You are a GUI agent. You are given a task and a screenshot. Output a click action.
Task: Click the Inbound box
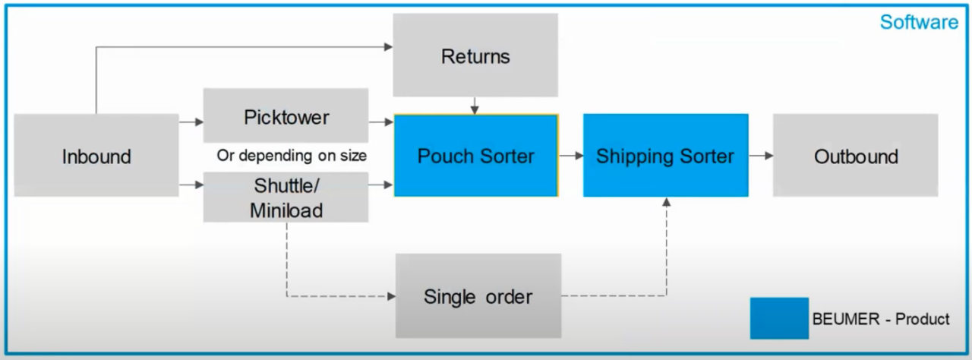(96, 156)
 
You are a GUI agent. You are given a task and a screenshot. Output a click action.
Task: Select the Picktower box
(286, 116)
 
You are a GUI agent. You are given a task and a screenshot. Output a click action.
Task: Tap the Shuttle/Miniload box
(286, 197)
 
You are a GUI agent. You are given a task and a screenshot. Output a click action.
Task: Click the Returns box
(475, 55)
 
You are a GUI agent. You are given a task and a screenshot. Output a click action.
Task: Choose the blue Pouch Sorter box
(475, 156)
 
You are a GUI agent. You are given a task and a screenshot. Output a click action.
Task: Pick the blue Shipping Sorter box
(665, 156)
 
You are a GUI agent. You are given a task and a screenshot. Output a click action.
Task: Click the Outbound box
(856, 156)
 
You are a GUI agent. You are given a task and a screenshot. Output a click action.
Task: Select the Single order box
(478, 295)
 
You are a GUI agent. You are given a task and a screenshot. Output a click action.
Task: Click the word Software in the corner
(919, 22)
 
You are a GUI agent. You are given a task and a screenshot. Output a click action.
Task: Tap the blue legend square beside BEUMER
(779, 317)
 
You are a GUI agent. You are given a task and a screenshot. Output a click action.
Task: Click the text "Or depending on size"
(292, 156)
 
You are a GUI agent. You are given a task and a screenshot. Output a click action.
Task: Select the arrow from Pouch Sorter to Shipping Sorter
(571, 156)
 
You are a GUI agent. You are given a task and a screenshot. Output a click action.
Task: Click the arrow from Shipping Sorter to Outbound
(761, 156)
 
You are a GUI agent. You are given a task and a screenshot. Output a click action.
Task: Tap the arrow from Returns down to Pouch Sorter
(475, 106)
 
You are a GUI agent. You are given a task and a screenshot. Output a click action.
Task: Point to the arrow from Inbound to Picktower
(191, 120)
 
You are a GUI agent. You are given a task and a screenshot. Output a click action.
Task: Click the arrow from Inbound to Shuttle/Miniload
(191, 185)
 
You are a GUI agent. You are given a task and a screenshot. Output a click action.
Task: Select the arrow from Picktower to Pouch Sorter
(381, 120)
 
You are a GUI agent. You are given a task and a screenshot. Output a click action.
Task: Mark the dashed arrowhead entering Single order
(390, 295)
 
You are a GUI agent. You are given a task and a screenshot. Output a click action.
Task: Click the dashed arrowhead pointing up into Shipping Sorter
(667, 202)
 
